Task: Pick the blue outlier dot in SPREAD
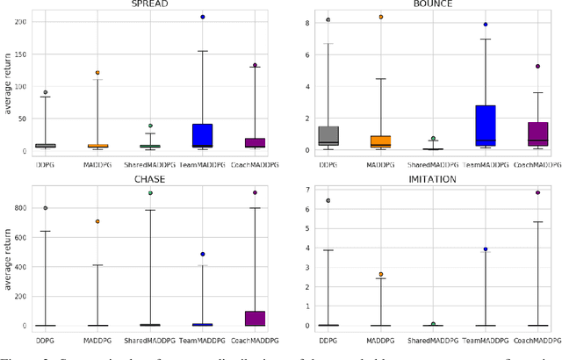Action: [202, 17]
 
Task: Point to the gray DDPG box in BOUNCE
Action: [328, 136]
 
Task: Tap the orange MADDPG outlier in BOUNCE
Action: [380, 17]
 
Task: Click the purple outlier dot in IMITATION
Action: [537, 192]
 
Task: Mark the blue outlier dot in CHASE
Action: [202, 254]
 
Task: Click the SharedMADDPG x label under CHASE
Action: [149, 337]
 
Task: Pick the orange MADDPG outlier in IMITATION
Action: [380, 274]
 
